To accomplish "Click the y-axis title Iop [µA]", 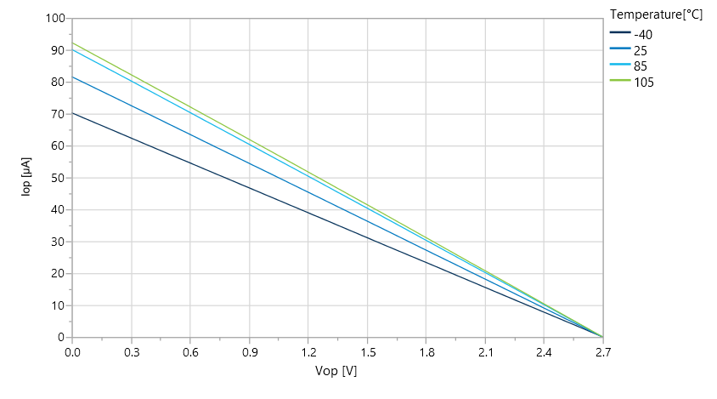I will click(x=26, y=177).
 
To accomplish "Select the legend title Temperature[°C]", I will click(x=657, y=14).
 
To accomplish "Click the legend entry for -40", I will click(x=643, y=35).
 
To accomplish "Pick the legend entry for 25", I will click(x=641, y=50).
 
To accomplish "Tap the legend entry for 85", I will click(x=641, y=66).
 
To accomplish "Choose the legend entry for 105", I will click(x=644, y=83).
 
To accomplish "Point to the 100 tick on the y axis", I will click(x=55, y=19).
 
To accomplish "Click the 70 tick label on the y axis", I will click(x=58, y=114).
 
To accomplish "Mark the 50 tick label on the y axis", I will click(x=58, y=178).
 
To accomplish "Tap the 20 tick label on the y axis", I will click(x=58, y=273).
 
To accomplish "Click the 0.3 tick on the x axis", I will click(x=131, y=352).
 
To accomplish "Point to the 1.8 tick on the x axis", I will click(x=426, y=352).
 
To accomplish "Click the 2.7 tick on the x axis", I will click(x=602, y=352).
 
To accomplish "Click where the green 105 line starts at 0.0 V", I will click(x=72, y=43).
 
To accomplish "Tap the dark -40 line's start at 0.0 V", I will click(x=72, y=112).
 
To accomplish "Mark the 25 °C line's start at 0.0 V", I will click(x=72, y=77).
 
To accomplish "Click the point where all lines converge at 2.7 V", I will click(x=602, y=337).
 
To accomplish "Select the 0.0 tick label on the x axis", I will click(x=72, y=352).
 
